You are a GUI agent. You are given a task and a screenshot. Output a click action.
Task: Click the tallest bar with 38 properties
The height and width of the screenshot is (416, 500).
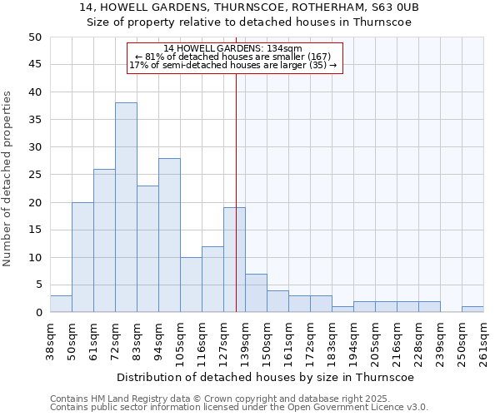click(x=126, y=207)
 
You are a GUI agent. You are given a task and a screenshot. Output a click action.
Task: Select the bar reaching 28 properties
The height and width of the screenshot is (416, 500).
click(x=169, y=235)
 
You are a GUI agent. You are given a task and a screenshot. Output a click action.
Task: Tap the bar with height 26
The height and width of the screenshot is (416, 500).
click(x=104, y=240)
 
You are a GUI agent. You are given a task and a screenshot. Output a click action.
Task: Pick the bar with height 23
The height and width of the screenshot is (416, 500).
click(x=147, y=249)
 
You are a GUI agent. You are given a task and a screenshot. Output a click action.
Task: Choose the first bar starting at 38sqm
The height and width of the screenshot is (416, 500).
click(x=61, y=304)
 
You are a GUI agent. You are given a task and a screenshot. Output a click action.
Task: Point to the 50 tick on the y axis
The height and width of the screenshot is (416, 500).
click(x=34, y=37)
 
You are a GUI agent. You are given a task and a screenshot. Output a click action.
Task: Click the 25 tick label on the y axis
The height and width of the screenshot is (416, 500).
click(x=34, y=175)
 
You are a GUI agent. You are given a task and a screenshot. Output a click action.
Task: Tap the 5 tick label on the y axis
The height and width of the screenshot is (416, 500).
click(x=37, y=285)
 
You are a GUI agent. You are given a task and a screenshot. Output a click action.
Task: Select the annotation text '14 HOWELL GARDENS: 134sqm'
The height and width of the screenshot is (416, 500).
click(x=233, y=49)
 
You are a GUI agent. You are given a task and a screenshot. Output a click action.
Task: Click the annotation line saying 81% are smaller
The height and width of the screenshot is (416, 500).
click(x=233, y=57)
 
